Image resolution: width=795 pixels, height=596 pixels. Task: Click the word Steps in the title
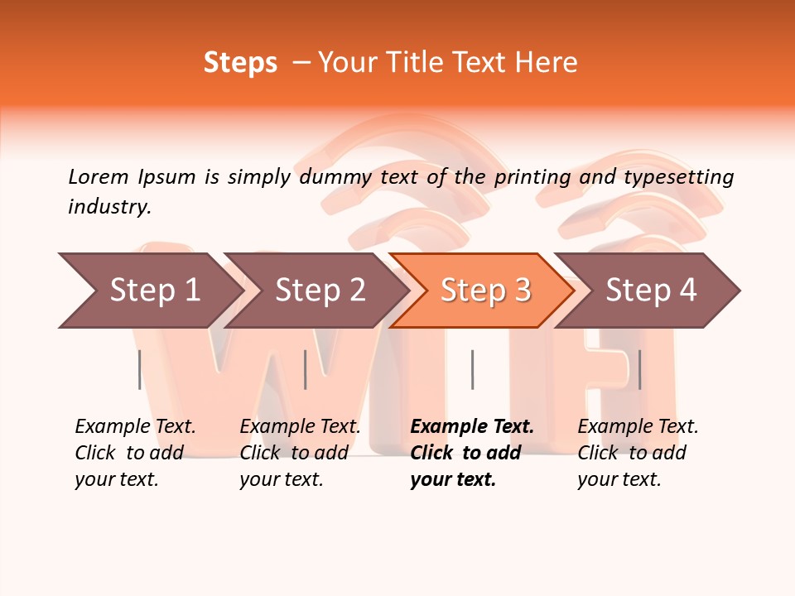[240, 63]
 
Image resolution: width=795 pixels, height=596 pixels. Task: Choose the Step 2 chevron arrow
[320, 290]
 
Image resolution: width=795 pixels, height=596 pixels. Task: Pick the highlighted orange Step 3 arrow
[485, 290]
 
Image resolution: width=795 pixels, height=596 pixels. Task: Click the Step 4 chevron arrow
[651, 290]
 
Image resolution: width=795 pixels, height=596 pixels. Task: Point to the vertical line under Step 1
[140, 369]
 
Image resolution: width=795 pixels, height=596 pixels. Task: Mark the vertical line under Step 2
[306, 369]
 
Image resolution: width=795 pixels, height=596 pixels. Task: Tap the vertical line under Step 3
[472, 369]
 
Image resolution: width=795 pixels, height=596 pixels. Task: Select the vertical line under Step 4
[639, 369]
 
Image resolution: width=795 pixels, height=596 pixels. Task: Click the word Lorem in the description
[98, 176]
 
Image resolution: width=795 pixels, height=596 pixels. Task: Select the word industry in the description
[108, 207]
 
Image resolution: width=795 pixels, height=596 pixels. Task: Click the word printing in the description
[532, 176]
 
